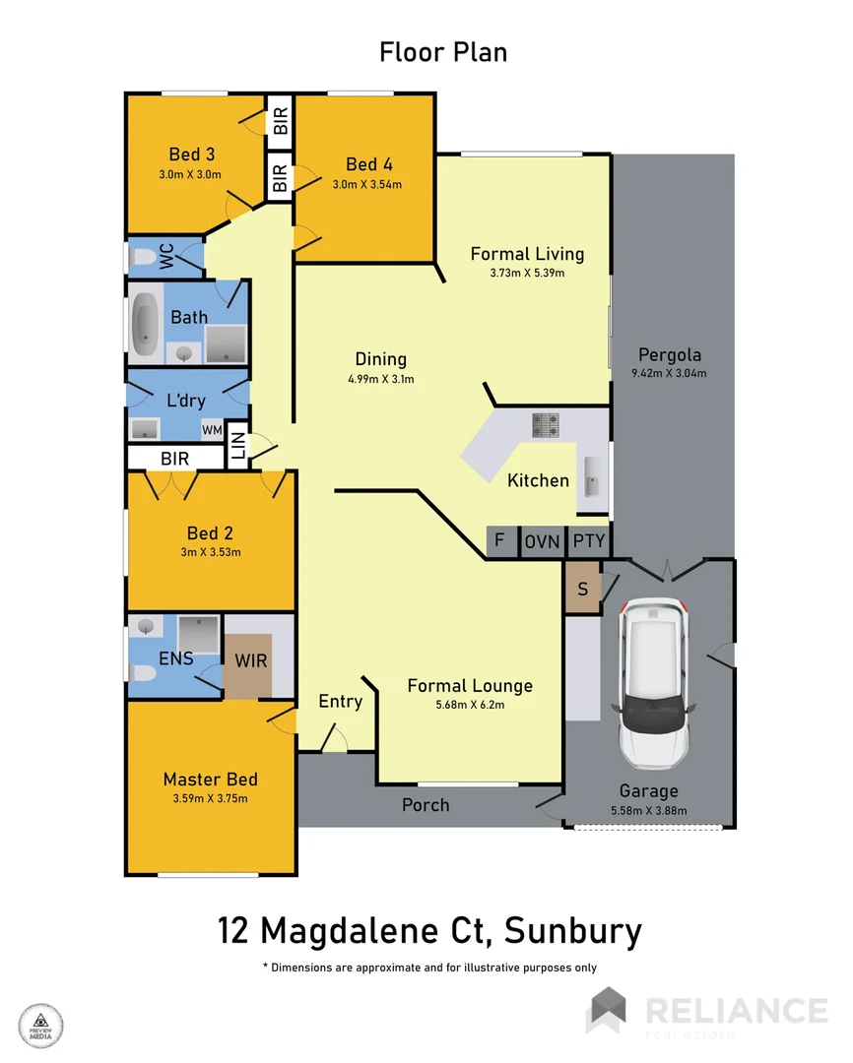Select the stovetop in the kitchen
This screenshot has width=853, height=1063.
click(x=546, y=425)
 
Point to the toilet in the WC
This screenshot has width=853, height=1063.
click(x=145, y=258)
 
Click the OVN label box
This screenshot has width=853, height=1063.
click(x=542, y=540)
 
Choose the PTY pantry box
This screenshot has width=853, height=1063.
click(x=589, y=540)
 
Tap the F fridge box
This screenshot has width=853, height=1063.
click(x=501, y=540)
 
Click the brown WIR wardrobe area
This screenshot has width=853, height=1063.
click(x=250, y=660)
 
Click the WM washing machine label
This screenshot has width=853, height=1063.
click(x=211, y=429)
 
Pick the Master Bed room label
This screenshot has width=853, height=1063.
click(x=211, y=780)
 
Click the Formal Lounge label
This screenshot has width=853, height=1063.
click(x=470, y=686)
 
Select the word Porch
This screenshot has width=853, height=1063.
click(x=426, y=805)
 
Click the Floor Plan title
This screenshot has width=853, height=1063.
click(x=443, y=52)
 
